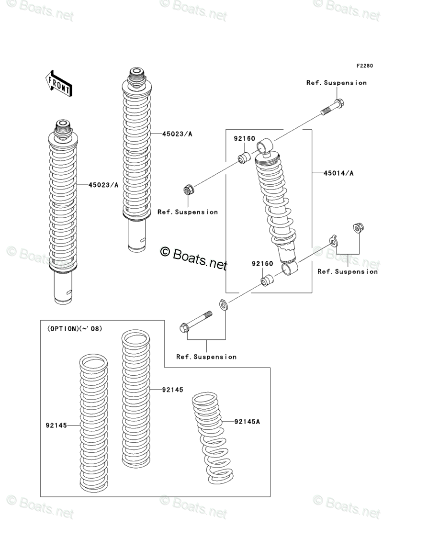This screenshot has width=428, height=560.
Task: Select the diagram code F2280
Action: point(364,66)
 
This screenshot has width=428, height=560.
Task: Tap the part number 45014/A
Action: point(338,173)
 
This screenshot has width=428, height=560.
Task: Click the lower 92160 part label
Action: point(263,264)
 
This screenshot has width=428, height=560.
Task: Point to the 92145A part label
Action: point(247,422)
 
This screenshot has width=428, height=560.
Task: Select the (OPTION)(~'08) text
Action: point(75,329)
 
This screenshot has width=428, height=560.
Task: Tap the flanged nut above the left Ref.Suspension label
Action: point(189,190)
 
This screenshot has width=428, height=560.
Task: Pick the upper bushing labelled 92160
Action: point(244,157)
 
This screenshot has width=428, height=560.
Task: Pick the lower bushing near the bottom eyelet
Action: point(267,280)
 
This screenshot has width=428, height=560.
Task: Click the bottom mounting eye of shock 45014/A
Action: point(289,269)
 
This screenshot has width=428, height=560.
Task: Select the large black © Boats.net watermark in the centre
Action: point(193,257)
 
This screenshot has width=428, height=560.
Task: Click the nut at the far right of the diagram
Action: point(357,228)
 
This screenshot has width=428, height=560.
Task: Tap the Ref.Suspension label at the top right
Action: point(337,83)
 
